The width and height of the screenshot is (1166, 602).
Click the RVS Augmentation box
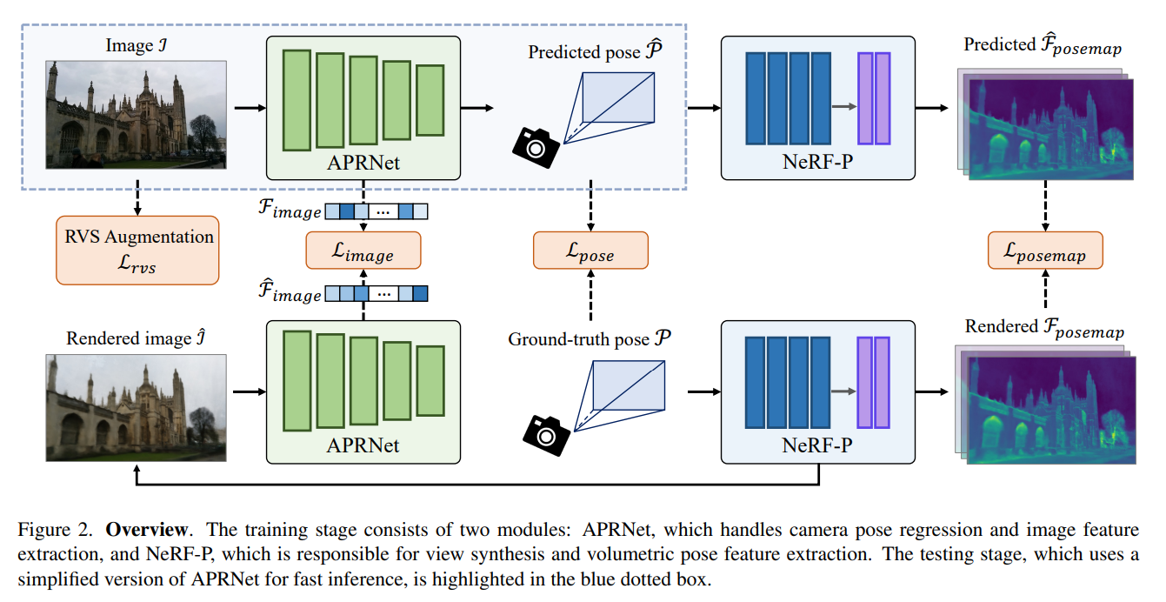[137, 250]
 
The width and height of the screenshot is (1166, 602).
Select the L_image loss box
[363, 251]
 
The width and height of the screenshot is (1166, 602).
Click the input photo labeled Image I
[137, 115]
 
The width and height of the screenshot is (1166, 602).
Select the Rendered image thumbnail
[137, 407]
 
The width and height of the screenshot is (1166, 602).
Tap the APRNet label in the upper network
[363, 162]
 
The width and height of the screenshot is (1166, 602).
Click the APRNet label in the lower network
[363, 445]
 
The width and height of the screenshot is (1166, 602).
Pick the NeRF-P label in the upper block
[818, 162]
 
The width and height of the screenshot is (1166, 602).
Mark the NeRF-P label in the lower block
[818, 445]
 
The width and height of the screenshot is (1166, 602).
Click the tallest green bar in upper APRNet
[296, 100]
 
